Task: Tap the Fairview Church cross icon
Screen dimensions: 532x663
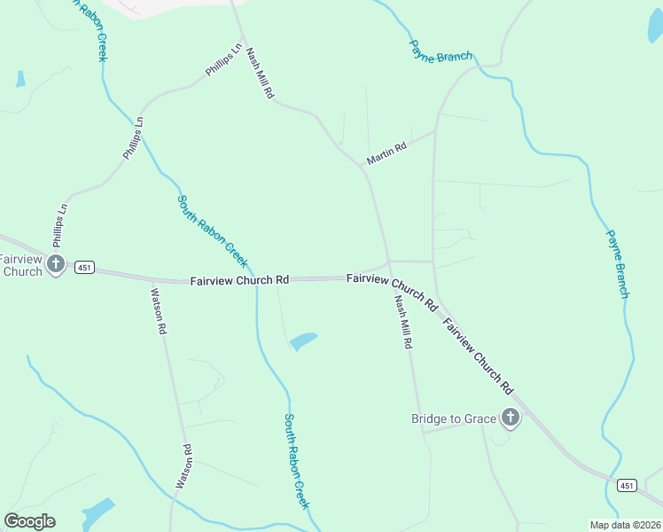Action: [x=56, y=262]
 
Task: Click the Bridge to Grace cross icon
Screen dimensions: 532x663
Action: [x=510, y=417]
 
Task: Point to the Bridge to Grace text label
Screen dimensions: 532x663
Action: [x=454, y=419]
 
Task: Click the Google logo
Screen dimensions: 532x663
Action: [x=30, y=521]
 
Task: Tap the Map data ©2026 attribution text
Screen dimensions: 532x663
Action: [x=626, y=525]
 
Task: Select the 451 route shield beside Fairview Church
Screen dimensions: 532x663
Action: [x=85, y=268]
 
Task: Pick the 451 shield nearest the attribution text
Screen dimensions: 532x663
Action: [x=627, y=485]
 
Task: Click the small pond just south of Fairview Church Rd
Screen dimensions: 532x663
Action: [x=303, y=340]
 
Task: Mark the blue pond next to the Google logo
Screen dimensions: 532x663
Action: [x=98, y=512]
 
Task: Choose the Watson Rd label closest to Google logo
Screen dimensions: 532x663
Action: [x=183, y=466]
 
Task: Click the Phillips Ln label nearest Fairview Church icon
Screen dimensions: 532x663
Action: [x=60, y=225]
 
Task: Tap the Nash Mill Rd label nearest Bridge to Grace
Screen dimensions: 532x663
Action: [x=404, y=321]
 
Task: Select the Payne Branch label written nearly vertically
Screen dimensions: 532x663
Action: [x=618, y=264]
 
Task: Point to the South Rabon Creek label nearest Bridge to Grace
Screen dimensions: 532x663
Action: [x=297, y=461]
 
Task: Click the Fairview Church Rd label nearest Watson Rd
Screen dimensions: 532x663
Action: [x=239, y=280]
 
